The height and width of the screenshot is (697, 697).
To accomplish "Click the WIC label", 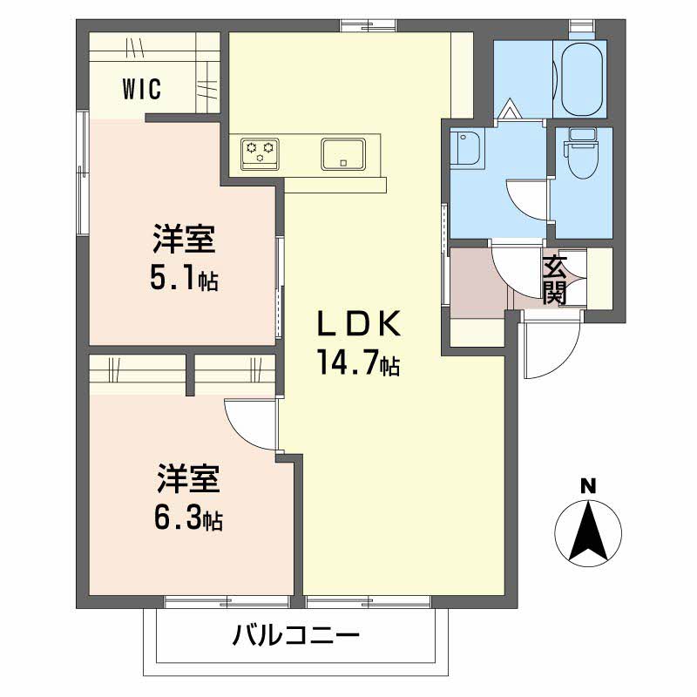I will pos(140,89).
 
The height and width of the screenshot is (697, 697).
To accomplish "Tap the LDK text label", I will pos(357,325).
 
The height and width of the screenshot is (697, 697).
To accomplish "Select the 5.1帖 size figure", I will pos(184,278).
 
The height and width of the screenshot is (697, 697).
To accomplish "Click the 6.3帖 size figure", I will pos(188,519).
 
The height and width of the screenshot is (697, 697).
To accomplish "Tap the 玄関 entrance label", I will pos(555,280).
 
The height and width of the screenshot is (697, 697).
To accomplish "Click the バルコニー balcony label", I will pos(295,636).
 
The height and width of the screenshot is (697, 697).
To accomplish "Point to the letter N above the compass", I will pos(589,485).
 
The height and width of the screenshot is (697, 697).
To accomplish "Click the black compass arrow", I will pos(589,530).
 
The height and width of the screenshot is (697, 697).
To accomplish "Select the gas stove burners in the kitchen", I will pos(259,154).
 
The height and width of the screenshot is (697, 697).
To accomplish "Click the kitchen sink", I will pos(346,154).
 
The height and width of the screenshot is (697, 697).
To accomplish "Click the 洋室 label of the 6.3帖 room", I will pos(188,480).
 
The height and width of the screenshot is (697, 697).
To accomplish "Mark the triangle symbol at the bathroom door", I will pos(511,110).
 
